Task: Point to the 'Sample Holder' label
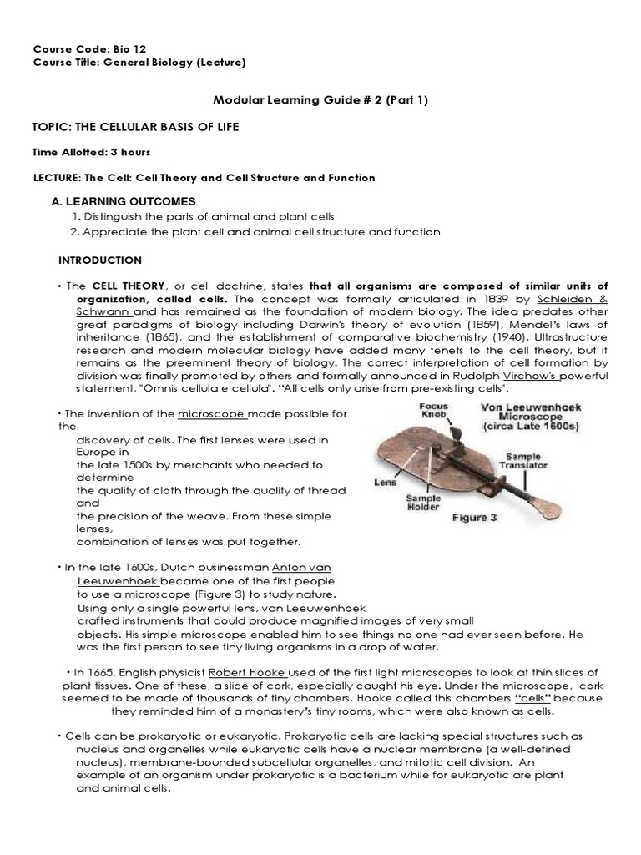coord(423,503)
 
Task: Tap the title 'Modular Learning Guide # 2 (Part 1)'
coord(320,101)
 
